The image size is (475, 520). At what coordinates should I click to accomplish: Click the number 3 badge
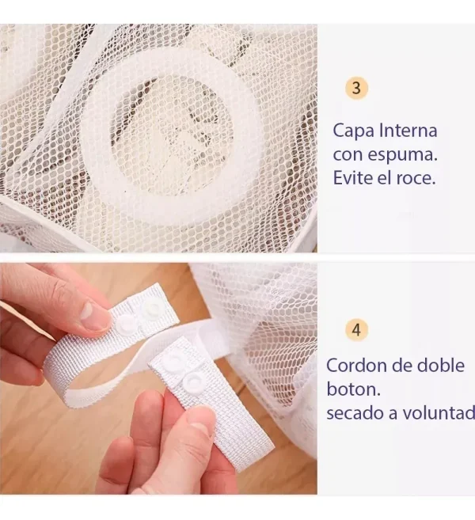[x=356, y=88]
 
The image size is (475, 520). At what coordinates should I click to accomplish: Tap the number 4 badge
[x=356, y=330]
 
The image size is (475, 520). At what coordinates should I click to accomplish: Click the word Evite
[x=353, y=178]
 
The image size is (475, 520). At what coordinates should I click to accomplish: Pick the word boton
[x=353, y=389]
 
